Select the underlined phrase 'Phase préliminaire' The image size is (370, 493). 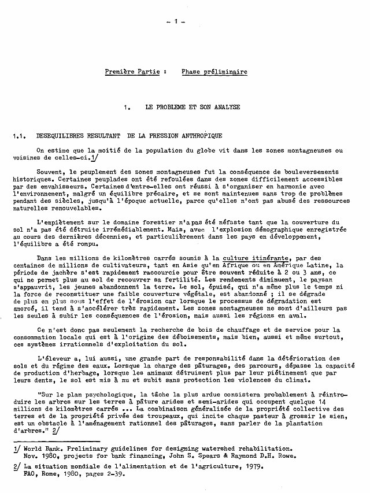214,72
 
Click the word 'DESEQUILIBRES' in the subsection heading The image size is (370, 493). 59,136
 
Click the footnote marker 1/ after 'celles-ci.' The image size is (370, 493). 94,156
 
